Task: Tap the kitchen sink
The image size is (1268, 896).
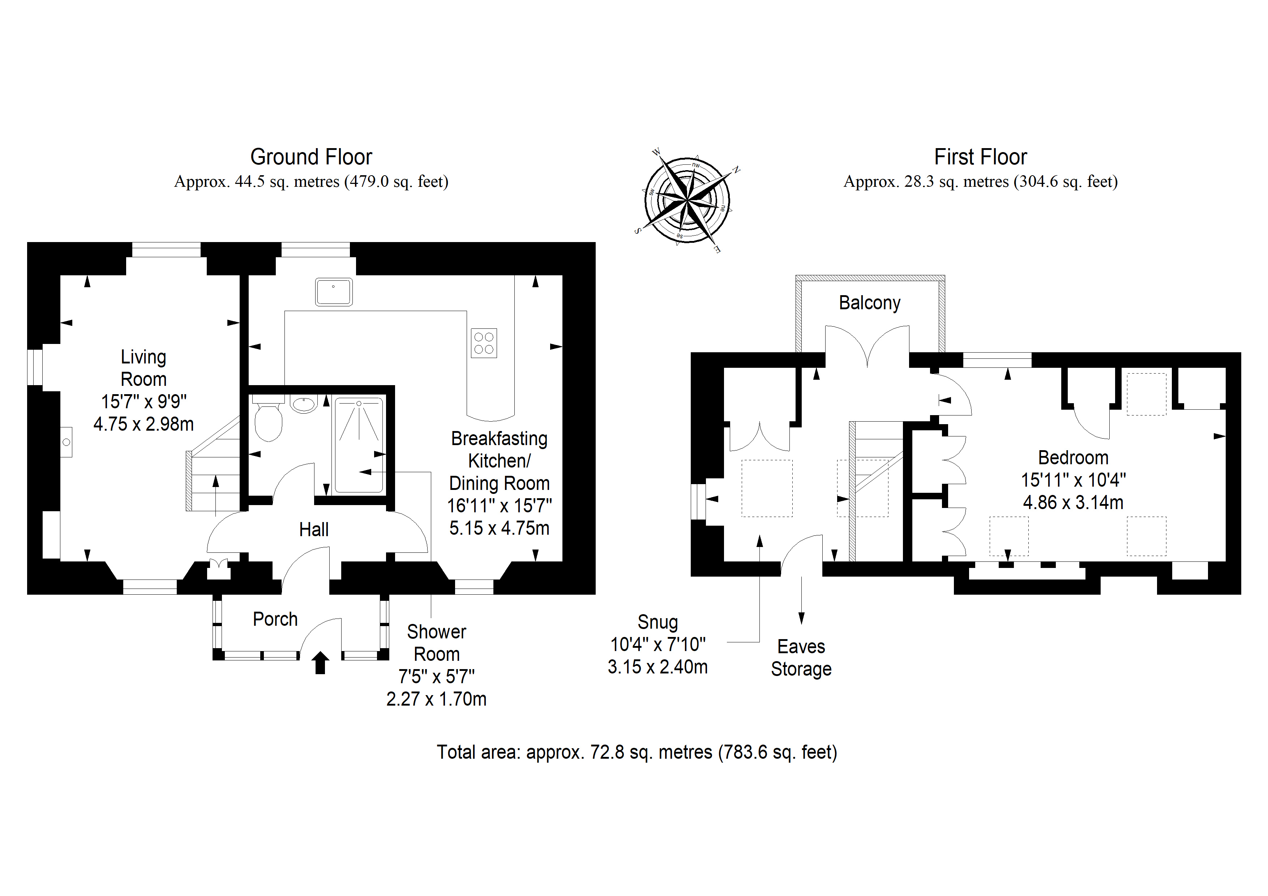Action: pos(334,292)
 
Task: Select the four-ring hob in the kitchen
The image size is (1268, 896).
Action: pos(484,343)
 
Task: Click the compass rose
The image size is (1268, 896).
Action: pos(687,200)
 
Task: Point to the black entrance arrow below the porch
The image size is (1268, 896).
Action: pos(320,663)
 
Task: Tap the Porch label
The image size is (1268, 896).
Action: pos(275,619)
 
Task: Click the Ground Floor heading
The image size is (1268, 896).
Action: pos(311,157)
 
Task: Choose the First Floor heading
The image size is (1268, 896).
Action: pos(980,157)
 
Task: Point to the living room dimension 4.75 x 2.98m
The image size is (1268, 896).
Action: pos(143,424)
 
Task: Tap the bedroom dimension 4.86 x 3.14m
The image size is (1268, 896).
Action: pos(1073,503)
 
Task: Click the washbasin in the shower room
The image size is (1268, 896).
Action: pos(304,405)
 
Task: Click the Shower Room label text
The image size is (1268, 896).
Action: pos(436,643)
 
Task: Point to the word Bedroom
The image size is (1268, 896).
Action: pos(1073,458)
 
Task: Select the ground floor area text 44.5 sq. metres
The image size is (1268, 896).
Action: pos(287,182)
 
